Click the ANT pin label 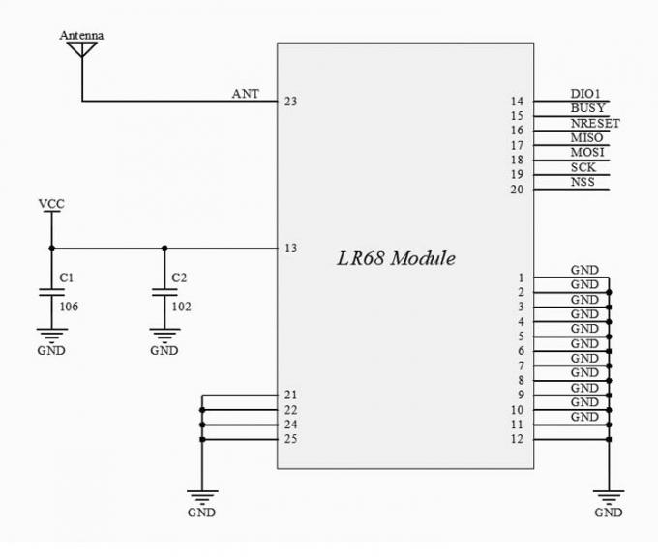tap(245, 94)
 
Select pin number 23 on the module tap(291, 102)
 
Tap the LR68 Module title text tap(395, 258)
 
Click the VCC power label tap(51, 204)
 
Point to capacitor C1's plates tap(51, 292)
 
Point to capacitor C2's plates tap(164, 292)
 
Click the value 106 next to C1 tap(70, 307)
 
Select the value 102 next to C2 tap(181, 307)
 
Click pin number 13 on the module tap(291, 249)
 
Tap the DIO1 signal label tap(586, 94)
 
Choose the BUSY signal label tap(587, 108)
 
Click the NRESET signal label tap(594, 124)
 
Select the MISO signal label tap(586, 138)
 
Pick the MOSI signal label tap(586, 153)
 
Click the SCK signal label tap(583, 167)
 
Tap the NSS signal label tap(583, 182)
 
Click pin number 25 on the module tap(291, 440)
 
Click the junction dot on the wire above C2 tap(164, 248)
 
